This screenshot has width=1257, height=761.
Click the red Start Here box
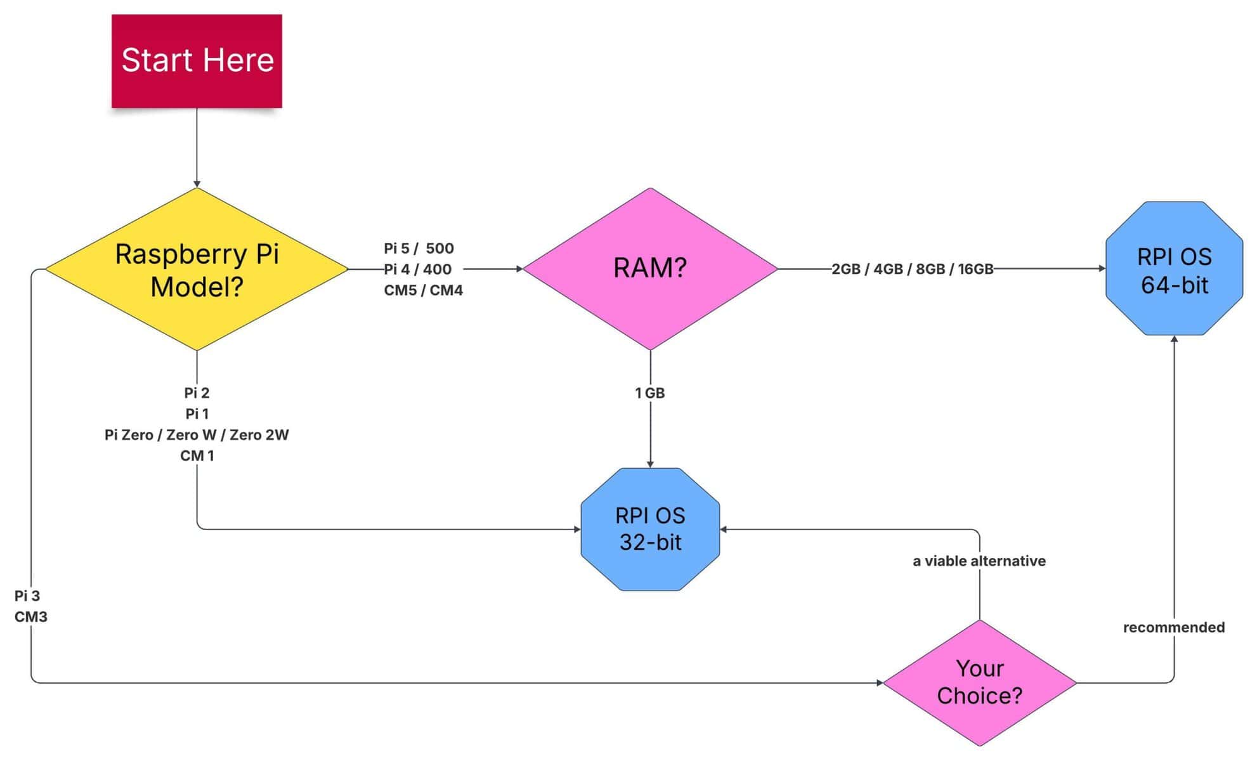tap(197, 61)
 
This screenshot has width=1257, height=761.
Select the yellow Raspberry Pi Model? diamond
tap(197, 270)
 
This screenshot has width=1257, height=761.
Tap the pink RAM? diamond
tap(650, 268)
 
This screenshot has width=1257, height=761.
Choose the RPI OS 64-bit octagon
tap(1174, 270)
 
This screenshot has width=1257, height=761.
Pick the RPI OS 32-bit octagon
tap(650, 529)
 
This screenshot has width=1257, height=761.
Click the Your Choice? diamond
tap(979, 682)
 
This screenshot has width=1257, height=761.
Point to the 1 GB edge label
tap(650, 393)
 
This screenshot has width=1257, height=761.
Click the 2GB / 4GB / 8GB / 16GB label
tap(912, 269)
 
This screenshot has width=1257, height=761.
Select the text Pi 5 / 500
tap(419, 248)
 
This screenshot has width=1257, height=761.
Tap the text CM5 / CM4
tap(423, 290)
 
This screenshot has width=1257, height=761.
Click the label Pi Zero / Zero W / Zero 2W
tap(197, 435)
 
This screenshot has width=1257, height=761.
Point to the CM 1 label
tap(197, 456)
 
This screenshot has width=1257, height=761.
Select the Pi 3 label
tap(27, 595)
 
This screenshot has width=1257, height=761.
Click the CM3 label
tap(30, 616)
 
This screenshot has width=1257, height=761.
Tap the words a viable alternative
tap(979, 561)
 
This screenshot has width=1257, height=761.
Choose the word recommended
tap(1173, 627)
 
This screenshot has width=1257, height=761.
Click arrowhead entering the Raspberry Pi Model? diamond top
tap(197, 184)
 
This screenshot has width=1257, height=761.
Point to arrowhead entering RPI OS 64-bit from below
tap(1174, 339)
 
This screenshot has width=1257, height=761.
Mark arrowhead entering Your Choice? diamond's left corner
tap(880, 683)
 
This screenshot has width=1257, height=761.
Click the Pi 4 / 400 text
tap(418, 269)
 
